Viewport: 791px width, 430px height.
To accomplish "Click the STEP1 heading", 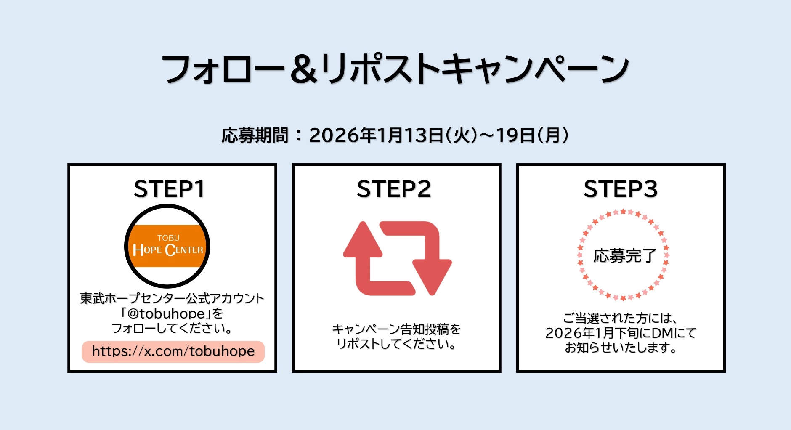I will [169, 189].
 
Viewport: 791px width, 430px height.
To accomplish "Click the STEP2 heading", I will [394, 189].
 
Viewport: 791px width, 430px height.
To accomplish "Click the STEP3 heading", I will [620, 189].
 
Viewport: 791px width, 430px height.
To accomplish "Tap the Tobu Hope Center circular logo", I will [167, 246].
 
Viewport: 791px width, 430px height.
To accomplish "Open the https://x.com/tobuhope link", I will [173, 351].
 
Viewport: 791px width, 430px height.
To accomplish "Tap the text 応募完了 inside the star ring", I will [624, 255].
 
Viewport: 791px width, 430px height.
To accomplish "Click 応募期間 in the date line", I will [255, 136].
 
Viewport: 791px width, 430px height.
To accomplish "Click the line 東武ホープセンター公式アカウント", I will [172, 298].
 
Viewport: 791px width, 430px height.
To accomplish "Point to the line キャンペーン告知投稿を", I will [396, 329].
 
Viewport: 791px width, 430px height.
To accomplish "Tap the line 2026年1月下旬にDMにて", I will [621, 333].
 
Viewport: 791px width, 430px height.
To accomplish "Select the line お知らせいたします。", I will [621, 348].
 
